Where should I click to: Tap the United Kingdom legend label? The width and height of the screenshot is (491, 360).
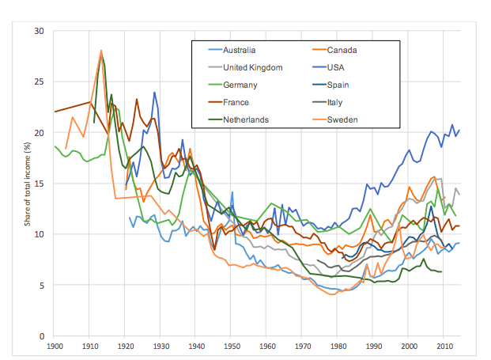click(x=254, y=68)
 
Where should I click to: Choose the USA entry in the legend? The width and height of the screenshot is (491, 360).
click(x=338, y=68)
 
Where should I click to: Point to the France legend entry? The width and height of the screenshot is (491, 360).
click(x=239, y=103)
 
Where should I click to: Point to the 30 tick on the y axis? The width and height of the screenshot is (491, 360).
click(x=42, y=31)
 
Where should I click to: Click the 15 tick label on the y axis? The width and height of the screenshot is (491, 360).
click(x=42, y=184)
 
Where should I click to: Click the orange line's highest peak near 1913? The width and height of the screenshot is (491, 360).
click(x=101, y=51)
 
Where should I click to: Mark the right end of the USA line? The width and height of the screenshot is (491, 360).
click(x=459, y=131)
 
